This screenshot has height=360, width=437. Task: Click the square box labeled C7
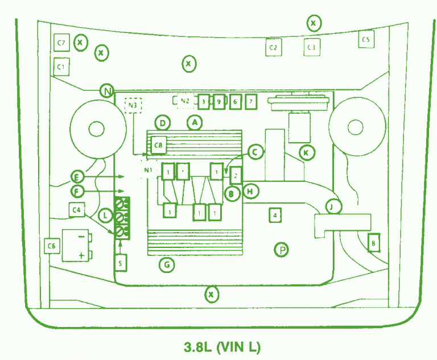coord(61,43)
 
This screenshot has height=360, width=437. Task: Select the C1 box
coord(61,67)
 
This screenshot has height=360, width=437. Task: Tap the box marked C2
coord(273,47)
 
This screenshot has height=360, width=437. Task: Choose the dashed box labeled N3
coord(133,105)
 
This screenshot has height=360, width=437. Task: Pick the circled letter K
coord(307,152)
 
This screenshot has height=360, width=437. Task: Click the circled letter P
coord(281,249)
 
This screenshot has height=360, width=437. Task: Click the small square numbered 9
coord(218,102)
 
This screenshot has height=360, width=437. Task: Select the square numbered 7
coord(250,102)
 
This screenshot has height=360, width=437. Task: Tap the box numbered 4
coord(275,215)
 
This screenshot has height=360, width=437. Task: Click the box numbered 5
coord(121,263)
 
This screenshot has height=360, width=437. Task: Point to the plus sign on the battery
coord(81,255)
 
